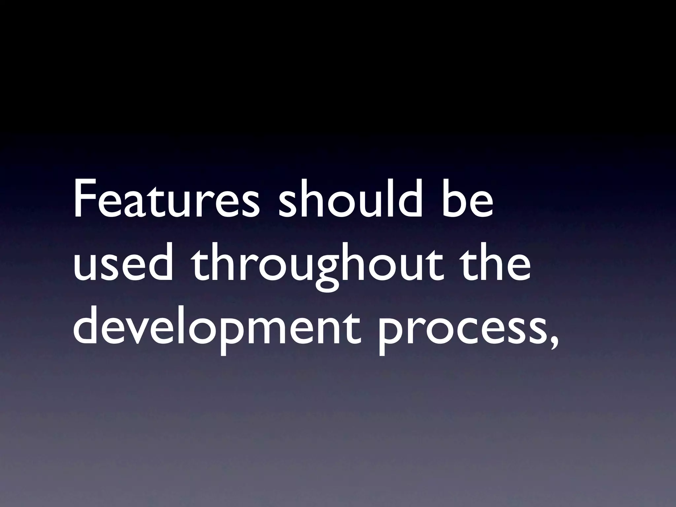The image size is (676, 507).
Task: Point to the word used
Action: [123, 264]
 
